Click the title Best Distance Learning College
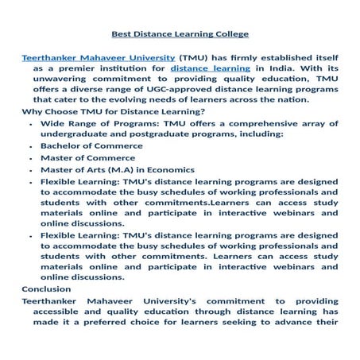pyautogui.click(x=180, y=34)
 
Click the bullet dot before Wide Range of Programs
pyautogui.click(x=30, y=124)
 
